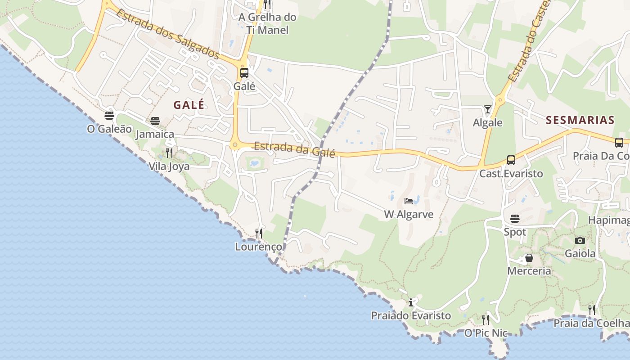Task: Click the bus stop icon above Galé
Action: [244, 73]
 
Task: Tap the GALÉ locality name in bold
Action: [189, 105]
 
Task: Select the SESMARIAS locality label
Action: [580, 120]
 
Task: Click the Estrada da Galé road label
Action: [295, 149]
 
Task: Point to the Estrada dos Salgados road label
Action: [168, 34]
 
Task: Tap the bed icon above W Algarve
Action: [409, 201]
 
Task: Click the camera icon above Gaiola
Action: [580, 240]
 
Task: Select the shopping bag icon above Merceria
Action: [529, 258]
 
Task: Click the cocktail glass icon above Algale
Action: [488, 109]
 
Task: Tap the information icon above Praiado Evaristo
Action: [411, 302]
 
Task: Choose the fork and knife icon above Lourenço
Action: [259, 233]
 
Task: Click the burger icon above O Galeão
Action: [109, 116]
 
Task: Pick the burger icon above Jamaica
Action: [155, 121]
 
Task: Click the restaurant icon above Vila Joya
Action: [169, 153]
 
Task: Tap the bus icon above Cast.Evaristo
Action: [511, 160]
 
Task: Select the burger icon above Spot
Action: [515, 219]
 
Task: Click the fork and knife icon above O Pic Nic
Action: [486, 319]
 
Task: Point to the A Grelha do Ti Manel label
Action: [267, 23]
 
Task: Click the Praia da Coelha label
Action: [591, 323]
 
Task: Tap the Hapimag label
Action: [609, 220]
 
